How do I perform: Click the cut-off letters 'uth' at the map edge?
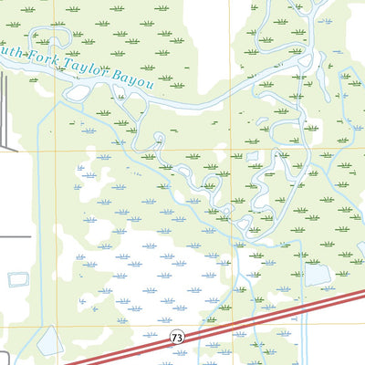pos(9,53)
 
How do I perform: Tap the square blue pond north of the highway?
pos(317,273)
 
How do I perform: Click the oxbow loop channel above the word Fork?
pos(50,38)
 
